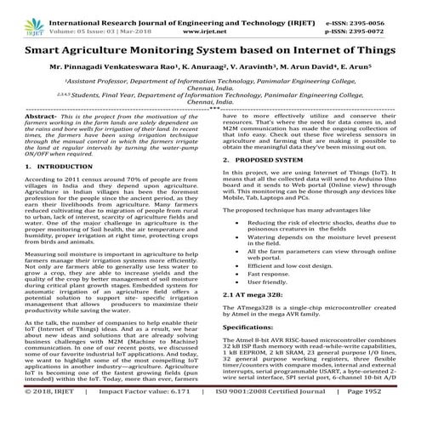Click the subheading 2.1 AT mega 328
click(253, 292)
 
